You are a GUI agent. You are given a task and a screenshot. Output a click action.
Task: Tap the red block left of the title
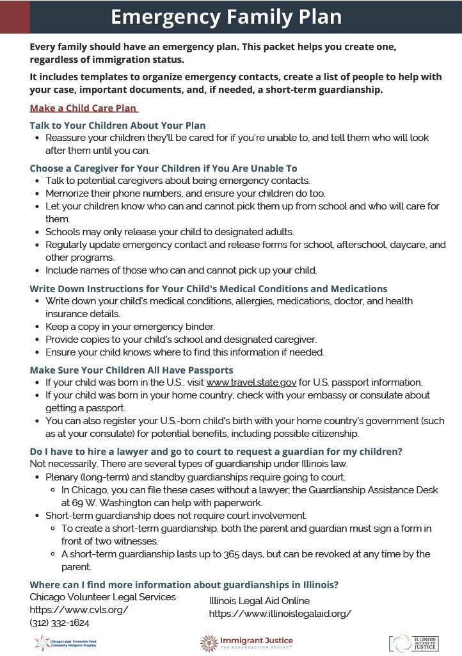pos(14,17)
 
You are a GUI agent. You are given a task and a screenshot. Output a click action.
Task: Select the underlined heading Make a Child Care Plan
pos(83,108)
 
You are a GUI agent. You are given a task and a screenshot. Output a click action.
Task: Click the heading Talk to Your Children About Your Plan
pos(118,125)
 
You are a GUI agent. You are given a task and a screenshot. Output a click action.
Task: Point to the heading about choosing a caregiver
pos(163,168)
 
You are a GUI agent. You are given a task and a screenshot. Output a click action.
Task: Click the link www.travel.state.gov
pos(251,382)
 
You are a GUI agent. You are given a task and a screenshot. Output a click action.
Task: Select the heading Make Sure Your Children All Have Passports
pos(131,370)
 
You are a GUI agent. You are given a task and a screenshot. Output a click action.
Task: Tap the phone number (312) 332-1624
pos(60,622)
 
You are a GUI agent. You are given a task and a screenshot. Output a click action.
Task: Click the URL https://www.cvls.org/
pos(79,609)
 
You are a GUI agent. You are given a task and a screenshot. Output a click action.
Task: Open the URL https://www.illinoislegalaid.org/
pos(280,614)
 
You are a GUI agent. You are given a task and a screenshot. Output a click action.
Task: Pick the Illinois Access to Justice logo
pos(413,643)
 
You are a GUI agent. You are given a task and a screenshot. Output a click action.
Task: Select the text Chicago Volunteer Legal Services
pos(102,597)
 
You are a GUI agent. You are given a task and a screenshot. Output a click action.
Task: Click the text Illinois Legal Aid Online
pos(259,601)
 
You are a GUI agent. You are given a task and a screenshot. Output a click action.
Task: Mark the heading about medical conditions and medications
pos(208,289)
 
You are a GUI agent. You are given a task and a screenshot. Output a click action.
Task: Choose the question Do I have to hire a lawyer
pos(216,452)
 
